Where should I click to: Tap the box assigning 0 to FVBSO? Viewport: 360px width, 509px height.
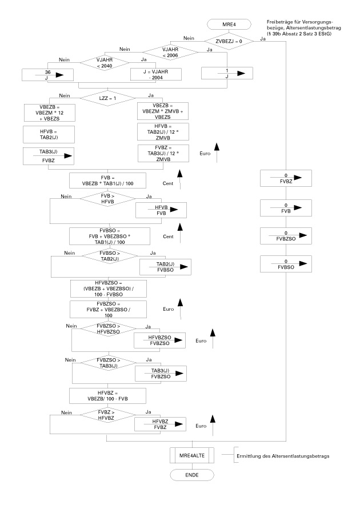coord(286,263)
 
